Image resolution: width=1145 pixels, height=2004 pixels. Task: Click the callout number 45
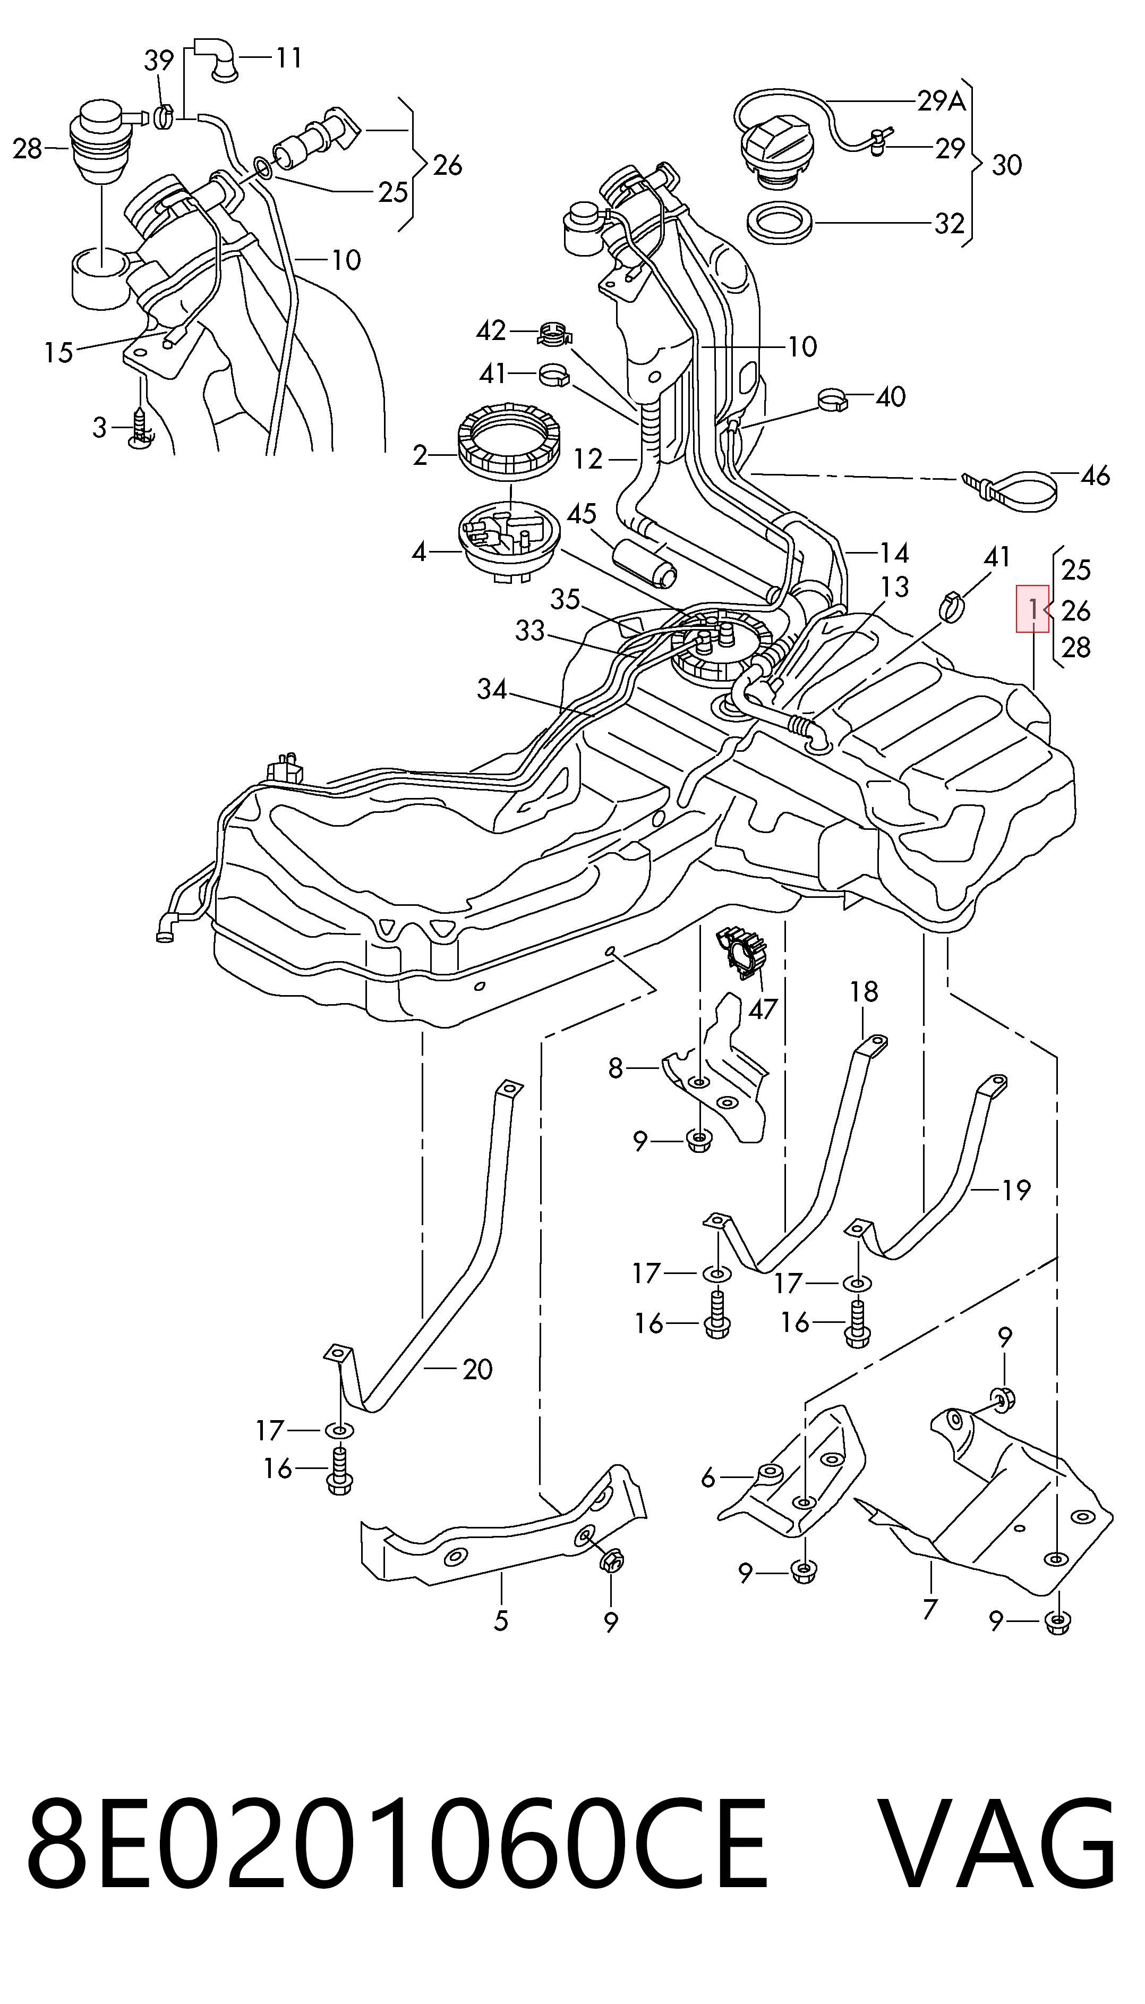click(x=582, y=514)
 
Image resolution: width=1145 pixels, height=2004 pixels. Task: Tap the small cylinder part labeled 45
click(x=645, y=562)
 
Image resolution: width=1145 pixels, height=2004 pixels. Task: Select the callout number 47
click(x=762, y=1009)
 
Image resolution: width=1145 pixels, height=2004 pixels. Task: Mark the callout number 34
click(x=492, y=689)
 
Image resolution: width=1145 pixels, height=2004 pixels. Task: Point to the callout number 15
click(x=58, y=352)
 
